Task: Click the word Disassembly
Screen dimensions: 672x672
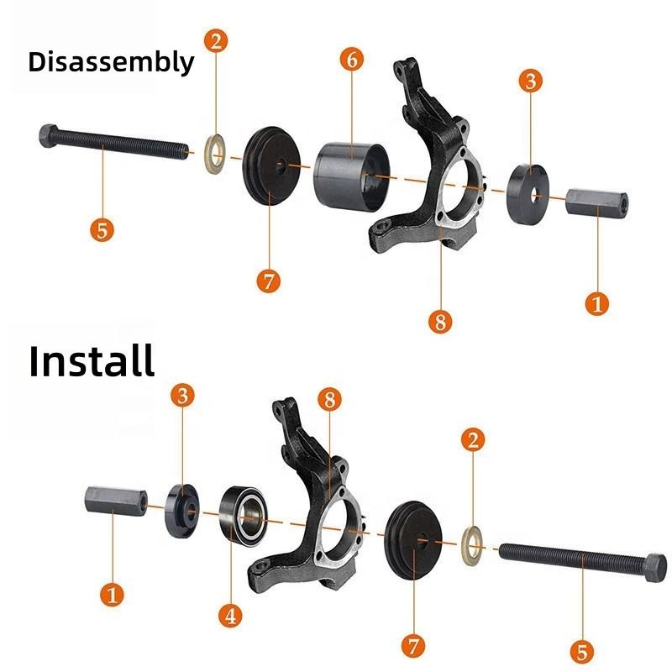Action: pos(111,62)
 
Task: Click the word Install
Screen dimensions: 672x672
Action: pos(92,361)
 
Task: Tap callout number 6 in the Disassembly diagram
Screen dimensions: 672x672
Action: pos(352,59)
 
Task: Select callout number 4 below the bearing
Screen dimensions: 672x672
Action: pos(230,617)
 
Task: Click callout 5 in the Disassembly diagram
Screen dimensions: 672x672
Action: pos(102,229)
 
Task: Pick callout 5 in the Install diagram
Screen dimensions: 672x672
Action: pos(582,652)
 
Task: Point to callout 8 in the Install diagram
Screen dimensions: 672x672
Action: pos(329,400)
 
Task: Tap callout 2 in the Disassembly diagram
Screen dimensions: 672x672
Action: pos(216,41)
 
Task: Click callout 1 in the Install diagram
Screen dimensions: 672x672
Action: pos(112,595)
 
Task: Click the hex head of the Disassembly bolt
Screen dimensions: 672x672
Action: pos(48,135)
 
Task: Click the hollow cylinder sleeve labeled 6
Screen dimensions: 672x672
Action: pos(352,176)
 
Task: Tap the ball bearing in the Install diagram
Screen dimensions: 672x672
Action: pos(243,516)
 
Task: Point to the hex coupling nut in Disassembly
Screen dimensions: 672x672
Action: pos(597,202)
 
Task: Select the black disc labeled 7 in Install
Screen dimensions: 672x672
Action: pos(413,540)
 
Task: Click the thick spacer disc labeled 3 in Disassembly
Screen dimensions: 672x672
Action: pos(528,195)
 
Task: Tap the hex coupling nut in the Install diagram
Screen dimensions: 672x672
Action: pos(116,500)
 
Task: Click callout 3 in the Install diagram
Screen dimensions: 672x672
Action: pos(182,395)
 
